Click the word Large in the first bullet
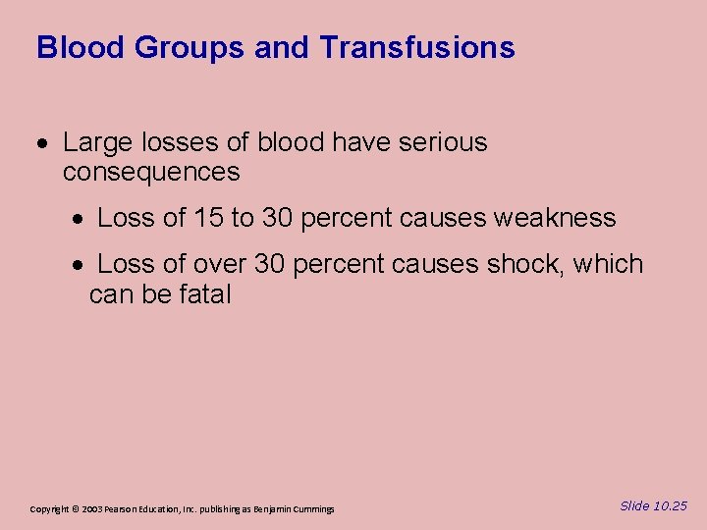click(x=94, y=143)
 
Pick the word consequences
click(x=151, y=173)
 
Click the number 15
click(x=209, y=218)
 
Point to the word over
click(x=220, y=264)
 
